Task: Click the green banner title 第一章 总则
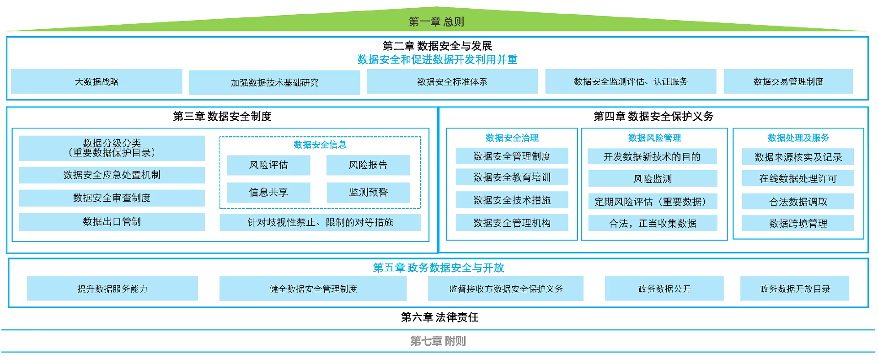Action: (436, 21)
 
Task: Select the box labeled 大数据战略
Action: (96, 81)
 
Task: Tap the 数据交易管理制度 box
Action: (788, 81)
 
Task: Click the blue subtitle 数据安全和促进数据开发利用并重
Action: (437, 59)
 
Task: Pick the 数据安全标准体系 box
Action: (452, 81)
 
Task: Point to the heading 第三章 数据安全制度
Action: (222, 116)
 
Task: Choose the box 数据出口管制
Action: (112, 222)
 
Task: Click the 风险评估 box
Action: (268, 165)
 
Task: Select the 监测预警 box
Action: (368, 193)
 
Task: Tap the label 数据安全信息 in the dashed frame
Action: (320, 145)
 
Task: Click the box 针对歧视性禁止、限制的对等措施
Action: (320, 222)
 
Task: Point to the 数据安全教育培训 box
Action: (512, 177)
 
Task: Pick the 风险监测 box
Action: (653, 179)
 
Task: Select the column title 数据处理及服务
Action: (798, 138)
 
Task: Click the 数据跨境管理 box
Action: (798, 223)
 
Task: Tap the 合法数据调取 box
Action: (798, 201)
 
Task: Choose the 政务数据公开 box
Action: (664, 289)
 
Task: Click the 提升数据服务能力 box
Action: (112, 289)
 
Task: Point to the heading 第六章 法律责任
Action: (439, 317)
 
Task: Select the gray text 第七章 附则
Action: (438, 341)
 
